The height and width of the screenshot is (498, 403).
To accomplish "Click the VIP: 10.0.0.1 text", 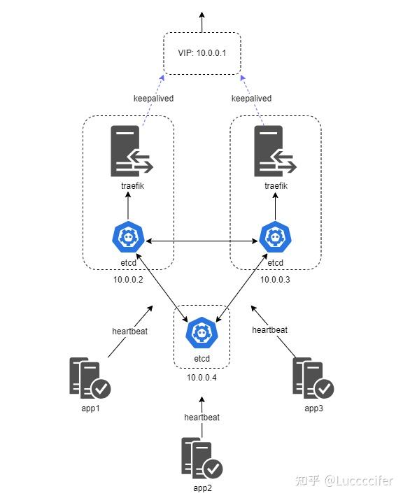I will point(201,53).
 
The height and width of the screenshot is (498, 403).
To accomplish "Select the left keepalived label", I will point(153,99).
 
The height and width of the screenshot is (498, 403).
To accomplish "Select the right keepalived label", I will point(251,99).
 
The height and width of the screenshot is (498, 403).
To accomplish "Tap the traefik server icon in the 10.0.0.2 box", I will point(131,151).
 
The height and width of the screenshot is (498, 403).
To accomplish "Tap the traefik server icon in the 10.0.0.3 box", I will point(274,151).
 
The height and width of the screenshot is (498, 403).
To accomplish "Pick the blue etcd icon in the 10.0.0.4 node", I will point(201,332).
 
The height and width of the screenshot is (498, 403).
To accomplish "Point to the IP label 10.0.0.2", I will point(128,280).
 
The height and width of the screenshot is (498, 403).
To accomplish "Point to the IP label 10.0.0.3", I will point(275,280).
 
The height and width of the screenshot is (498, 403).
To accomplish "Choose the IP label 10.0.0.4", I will point(201,377).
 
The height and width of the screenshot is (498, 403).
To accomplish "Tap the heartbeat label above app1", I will point(130,330).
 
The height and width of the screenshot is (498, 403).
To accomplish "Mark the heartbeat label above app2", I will point(201,417).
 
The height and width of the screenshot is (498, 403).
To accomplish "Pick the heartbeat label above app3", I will point(269,329).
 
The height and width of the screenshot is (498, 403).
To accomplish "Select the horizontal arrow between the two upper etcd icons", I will point(201,241).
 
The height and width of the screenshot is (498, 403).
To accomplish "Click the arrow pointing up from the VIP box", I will point(201,21).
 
